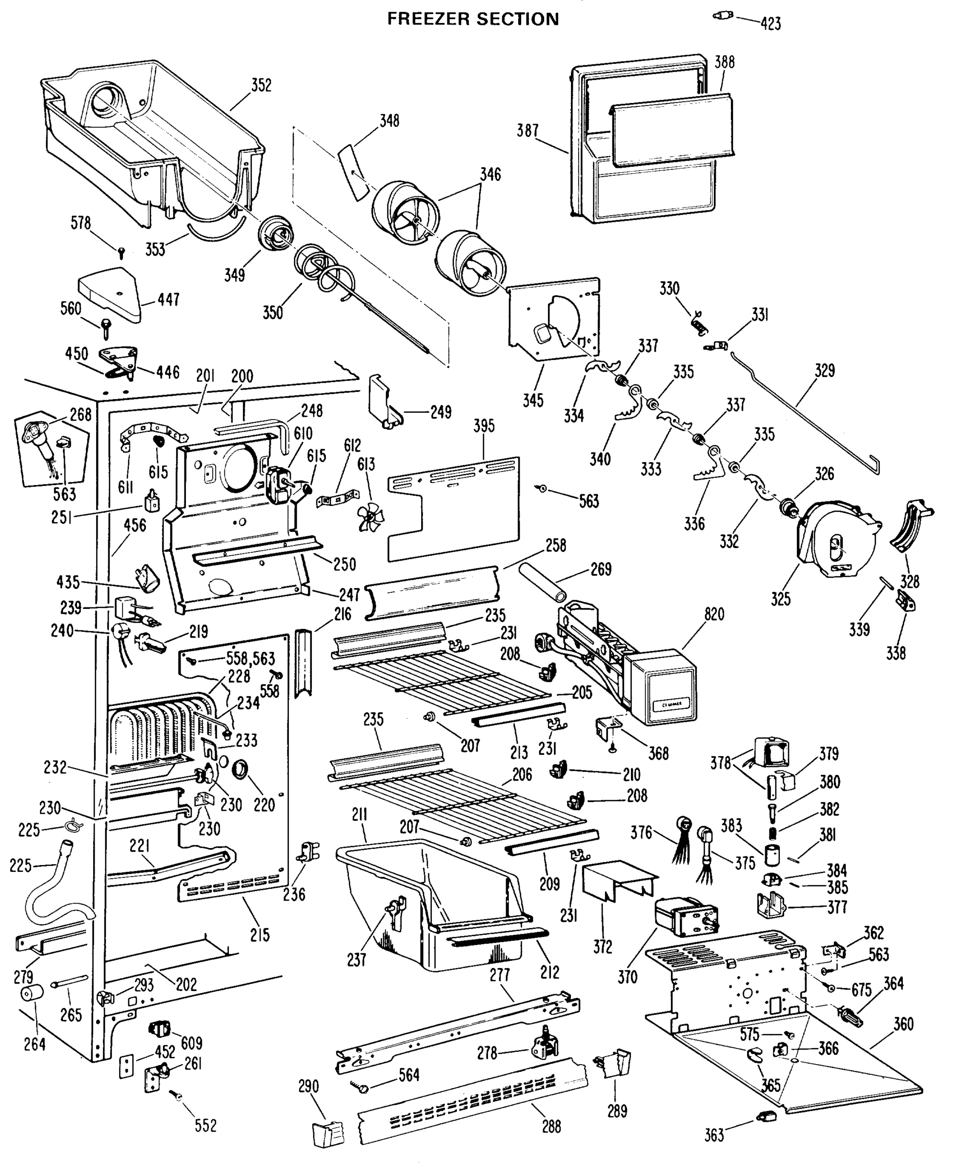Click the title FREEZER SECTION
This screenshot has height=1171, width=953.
pyautogui.click(x=473, y=19)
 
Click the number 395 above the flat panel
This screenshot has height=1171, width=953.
pyautogui.click(x=484, y=425)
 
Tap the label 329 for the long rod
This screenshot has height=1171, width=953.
pyautogui.click(x=825, y=370)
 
